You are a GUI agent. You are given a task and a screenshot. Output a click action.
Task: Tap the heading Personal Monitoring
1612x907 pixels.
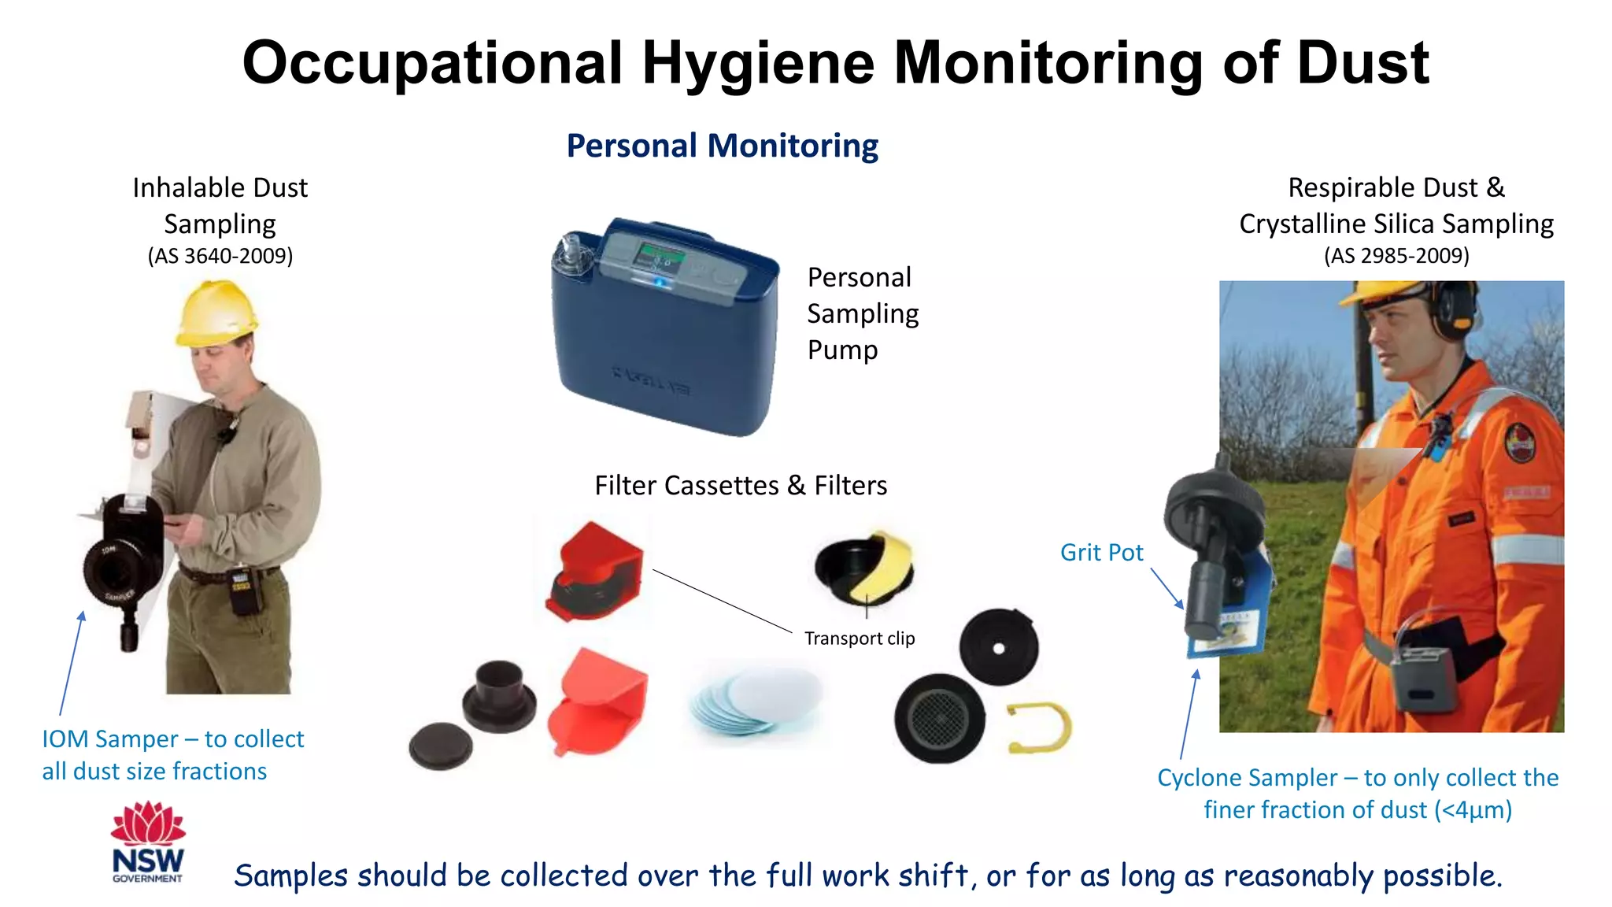point(722,146)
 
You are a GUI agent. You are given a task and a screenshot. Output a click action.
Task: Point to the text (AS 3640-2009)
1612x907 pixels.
point(220,256)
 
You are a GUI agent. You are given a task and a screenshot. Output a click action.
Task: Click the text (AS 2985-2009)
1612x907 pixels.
point(1396,256)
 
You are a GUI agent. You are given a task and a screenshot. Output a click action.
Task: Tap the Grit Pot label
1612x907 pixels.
point(1101,553)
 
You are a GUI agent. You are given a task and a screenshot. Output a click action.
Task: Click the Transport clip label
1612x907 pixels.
point(860,639)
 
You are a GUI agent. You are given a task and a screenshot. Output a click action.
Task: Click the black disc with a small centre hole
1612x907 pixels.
point(998,647)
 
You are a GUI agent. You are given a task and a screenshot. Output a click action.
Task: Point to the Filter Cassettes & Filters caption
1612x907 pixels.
point(741,486)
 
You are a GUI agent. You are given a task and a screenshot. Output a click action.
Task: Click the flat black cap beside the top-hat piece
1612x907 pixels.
point(441,745)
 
